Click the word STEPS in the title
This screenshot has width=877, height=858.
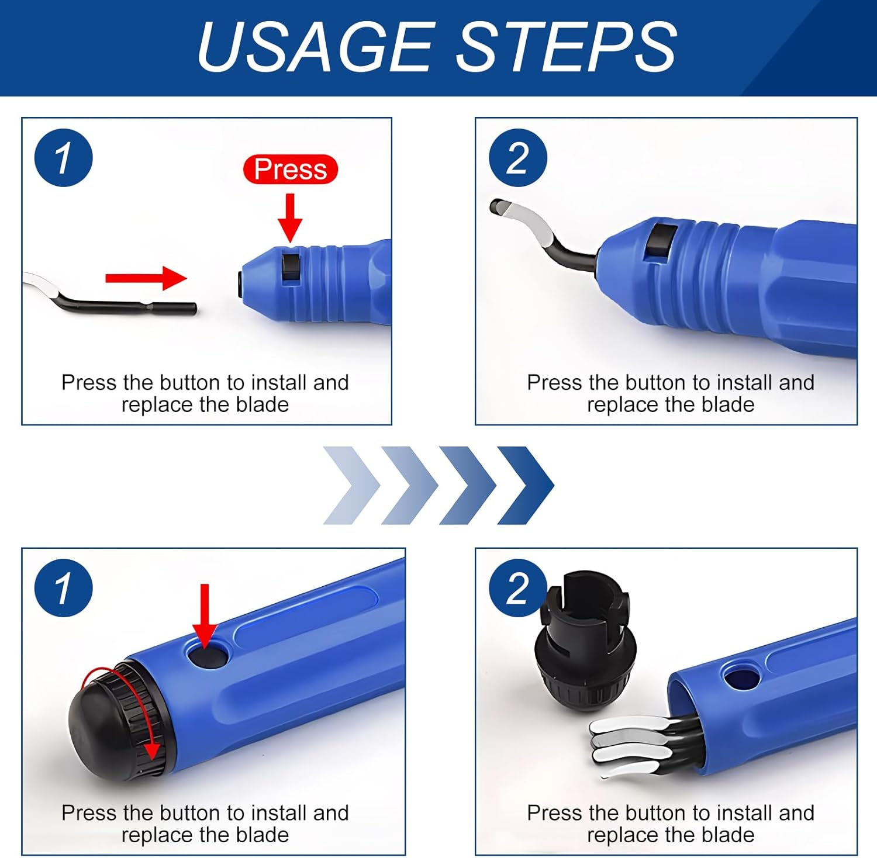tap(566, 47)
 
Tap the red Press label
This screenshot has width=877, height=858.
tap(291, 169)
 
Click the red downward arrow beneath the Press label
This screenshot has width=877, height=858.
tap(290, 217)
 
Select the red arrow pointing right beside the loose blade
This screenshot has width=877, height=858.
tap(146, 278)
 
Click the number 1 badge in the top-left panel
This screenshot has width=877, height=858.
tap(64, 158)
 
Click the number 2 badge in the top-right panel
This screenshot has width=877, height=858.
tap(518, 158)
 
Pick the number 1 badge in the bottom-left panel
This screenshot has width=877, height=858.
tap(64, 588)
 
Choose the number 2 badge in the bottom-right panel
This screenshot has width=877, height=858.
tap(518, 588)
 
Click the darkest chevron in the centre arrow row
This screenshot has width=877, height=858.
tap(526, 485)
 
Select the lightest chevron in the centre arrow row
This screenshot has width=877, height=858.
tap(351, 485)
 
